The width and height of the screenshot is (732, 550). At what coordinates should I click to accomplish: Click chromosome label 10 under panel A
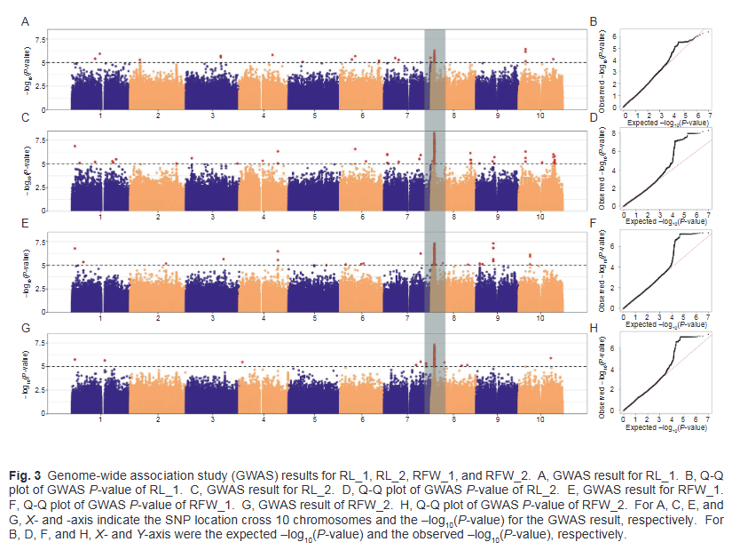click(x=539, y=116)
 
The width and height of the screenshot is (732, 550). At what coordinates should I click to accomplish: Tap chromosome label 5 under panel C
click(x=314, y=218)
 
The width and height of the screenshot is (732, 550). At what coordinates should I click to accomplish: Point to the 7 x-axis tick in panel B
click(x=708, y=115)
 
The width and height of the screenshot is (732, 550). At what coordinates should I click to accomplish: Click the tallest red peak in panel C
click(x=433, y=134)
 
